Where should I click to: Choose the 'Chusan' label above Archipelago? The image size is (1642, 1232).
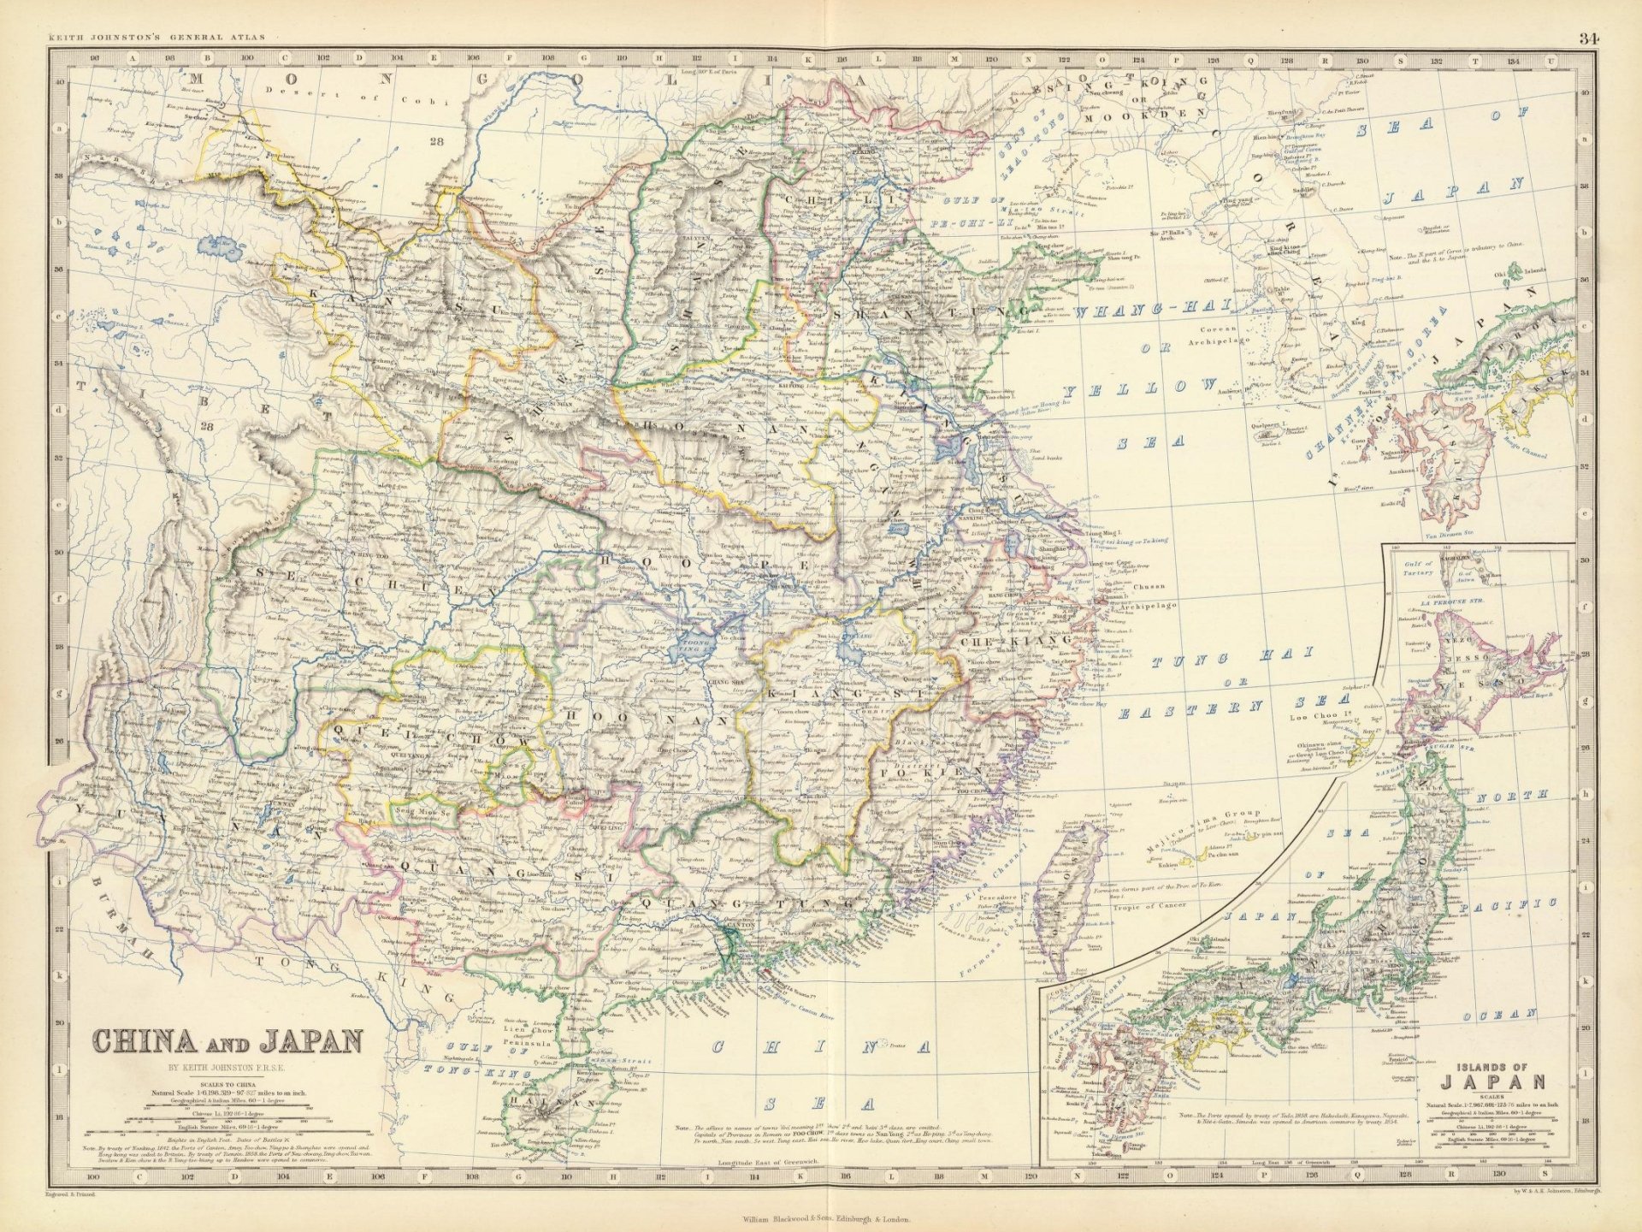coord(1148,588)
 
